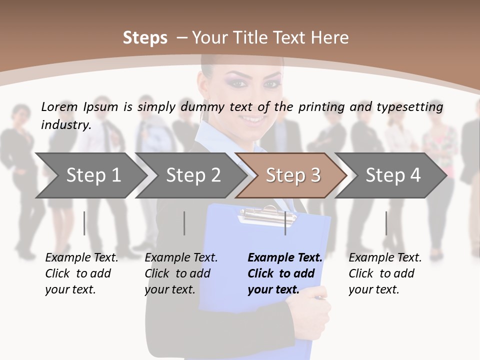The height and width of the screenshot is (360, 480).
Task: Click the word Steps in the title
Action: pos(145,37)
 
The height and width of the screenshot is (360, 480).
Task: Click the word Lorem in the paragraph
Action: pos(59,106)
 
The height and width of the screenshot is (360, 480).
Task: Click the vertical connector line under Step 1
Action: pos(84,223)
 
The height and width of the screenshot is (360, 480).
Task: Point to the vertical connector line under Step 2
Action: pos(184,223)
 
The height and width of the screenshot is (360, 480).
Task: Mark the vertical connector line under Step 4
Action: pos(386,223)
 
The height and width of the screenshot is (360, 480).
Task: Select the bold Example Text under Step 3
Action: pos(285,258)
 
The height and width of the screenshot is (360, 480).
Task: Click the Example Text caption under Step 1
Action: pos(81,258)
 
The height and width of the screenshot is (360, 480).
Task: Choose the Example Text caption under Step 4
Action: pos(385,258)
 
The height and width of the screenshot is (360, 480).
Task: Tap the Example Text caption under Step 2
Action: pos(181,258)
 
